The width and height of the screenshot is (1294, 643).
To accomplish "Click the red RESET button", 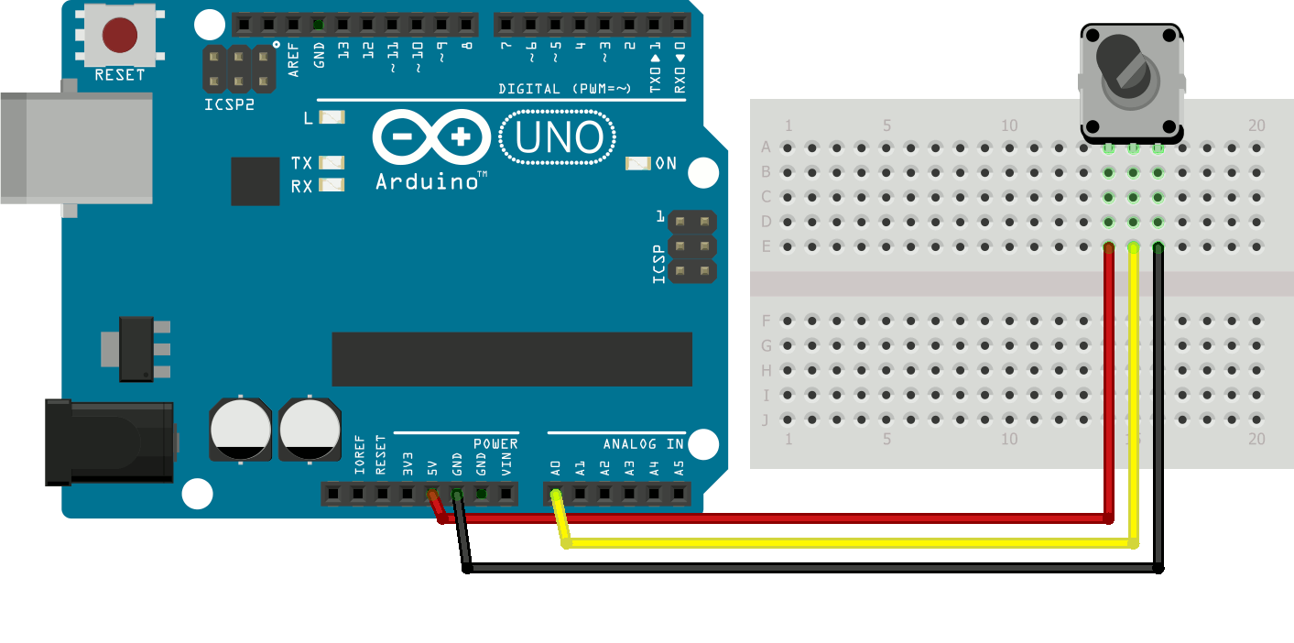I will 120,36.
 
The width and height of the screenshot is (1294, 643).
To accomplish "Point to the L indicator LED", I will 332,117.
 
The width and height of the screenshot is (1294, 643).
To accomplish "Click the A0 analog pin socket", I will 556,495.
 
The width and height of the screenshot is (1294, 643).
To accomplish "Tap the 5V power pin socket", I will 432,495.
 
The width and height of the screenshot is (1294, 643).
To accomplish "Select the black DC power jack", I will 110,442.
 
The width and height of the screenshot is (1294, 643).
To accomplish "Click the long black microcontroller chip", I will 512,359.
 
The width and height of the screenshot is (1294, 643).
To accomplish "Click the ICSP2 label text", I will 229,104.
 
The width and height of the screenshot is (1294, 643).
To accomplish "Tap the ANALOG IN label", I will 643,444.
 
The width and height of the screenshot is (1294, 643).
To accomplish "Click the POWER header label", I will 495,444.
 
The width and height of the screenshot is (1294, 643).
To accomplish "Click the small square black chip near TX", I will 255,181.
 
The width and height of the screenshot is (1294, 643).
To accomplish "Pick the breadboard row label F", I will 767,321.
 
